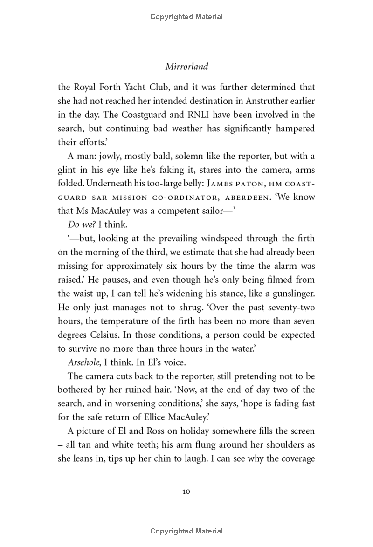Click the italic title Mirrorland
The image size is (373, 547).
point(186,66)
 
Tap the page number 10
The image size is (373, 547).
point(186,492)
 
